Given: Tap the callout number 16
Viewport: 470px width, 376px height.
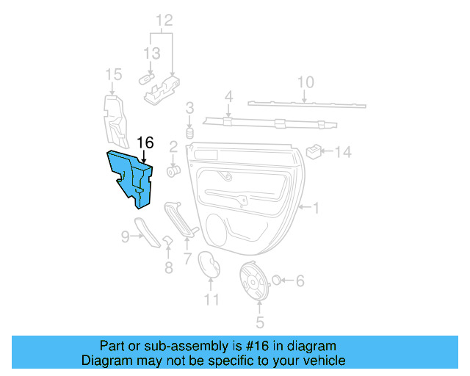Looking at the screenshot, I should pos(145,142).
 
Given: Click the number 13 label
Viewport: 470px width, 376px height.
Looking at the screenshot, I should pos(151,54).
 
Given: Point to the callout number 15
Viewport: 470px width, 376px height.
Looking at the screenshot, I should pos(113,74).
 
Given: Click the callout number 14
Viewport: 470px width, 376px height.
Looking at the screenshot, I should pos(344,153).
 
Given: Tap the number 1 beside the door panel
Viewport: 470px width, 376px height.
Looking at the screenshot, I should pos(317,209).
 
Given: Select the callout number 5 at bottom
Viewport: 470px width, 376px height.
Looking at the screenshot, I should pos(259,322).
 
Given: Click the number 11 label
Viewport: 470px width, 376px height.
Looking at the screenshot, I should pos(211,299).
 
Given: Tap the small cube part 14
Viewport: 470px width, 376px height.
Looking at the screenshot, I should pos(314,151).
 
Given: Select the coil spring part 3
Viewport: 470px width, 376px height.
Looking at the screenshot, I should pos(189,134).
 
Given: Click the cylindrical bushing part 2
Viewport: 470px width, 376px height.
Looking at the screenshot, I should pos(174,170).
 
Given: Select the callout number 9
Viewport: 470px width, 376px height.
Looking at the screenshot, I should pos(125,236).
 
